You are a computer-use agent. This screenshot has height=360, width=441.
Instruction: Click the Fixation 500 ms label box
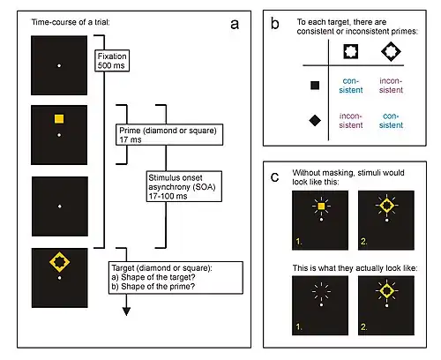112,61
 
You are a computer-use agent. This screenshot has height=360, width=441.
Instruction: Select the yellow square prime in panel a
59,119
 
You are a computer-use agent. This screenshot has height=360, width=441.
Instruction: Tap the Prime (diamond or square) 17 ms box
169,135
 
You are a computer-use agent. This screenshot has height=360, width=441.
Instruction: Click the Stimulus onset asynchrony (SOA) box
184,186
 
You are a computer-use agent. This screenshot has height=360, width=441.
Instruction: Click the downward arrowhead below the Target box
126,311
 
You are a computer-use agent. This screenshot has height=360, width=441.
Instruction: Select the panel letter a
235,25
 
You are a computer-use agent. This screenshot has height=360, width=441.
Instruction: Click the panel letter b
275,24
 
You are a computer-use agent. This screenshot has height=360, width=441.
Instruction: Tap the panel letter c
275,177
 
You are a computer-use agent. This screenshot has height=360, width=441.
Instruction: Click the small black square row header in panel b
315,86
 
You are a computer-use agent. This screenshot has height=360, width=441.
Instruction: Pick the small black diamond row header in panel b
315,120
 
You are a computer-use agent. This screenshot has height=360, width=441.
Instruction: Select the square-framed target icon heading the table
351,51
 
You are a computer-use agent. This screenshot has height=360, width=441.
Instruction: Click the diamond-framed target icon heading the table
391,51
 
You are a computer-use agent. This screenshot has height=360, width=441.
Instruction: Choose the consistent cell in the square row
351,86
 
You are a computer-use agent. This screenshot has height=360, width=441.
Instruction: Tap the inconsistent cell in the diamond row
351,120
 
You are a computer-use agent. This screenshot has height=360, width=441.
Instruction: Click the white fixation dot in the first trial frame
59,65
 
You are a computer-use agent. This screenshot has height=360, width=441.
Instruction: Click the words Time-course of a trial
71,22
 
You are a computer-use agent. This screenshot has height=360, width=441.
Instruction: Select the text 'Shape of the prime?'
158,286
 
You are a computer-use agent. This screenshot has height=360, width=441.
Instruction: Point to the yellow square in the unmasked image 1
321,206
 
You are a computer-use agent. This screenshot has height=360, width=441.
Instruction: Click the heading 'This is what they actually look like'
355,268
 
